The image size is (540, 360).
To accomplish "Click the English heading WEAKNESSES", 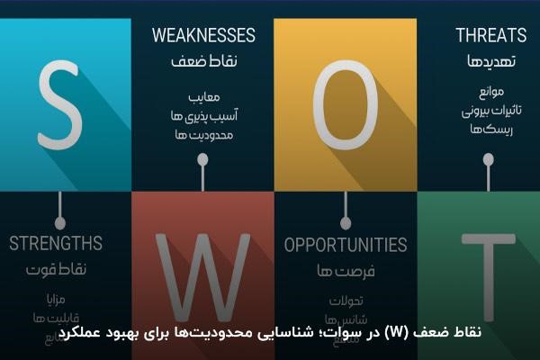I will pos(203,36).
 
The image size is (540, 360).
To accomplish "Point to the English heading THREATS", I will pos(490,36).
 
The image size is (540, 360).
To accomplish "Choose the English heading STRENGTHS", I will pos(56,243).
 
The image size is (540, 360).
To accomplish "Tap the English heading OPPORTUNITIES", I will pos(346,244).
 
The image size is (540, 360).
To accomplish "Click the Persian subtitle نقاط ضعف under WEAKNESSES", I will pos(203,65).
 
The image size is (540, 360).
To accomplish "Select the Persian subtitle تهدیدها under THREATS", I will pos(490,64).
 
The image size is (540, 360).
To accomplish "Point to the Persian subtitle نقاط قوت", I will pos(56,268).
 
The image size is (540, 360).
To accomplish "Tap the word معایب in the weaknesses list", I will pos(204,95).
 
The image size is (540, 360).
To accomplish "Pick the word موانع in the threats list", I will pos(490,94).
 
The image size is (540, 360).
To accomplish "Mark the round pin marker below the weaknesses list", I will pos(203,160).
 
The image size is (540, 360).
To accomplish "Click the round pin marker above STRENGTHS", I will pos(60,221).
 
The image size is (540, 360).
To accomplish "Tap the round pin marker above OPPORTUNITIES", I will pos(346,222).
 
